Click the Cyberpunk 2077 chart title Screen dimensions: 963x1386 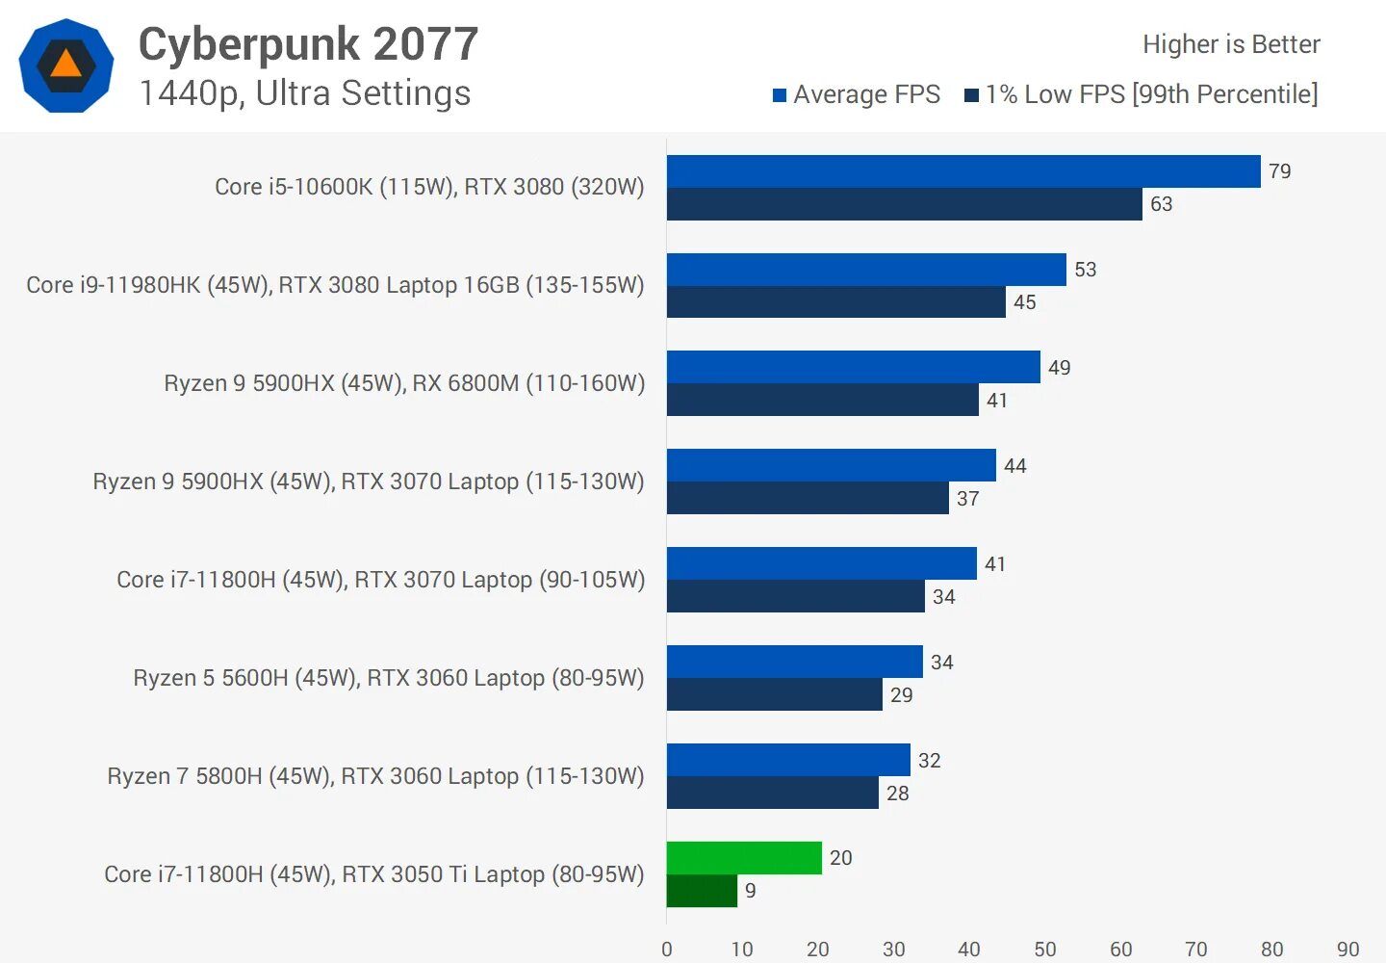point(308,44)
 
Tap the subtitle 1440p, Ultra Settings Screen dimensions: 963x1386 point(305,93)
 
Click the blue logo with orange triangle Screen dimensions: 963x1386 point(66,65)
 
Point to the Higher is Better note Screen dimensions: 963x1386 point(1231,44)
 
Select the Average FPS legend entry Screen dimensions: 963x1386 point(857,94)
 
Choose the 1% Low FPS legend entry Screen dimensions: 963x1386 point(1142,94)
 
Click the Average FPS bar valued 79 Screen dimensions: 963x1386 point(962,171)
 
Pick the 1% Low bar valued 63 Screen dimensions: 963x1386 point(904,204)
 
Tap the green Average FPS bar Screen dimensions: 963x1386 point(744,858)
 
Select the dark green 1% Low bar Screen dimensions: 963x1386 point(702,891)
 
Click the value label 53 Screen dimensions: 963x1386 point(1086,270)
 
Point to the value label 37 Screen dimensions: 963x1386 point(967,499)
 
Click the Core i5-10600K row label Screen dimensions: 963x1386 point(429,187)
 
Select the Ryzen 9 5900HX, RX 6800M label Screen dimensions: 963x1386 point(404,383)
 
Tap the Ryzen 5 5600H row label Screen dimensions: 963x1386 point(389,678)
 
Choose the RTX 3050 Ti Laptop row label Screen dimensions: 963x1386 point(374,874)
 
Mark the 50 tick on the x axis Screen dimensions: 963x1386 point(1045,950)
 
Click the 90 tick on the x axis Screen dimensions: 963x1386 point(1347,950)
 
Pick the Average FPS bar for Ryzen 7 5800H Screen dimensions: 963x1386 point(788,760)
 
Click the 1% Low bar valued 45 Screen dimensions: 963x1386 point(835,302)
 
